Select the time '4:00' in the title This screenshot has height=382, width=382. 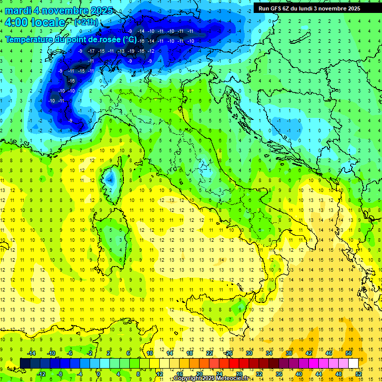click(16, 22)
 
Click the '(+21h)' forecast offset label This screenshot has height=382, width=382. click(87, 22)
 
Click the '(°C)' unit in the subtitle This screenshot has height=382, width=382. click(129, 39)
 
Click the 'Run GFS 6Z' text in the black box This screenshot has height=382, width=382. click(274, 8)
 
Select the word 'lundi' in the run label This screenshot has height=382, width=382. click(311, 8)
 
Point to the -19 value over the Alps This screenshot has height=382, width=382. click(131, 51)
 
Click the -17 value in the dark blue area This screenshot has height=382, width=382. click(91, 51)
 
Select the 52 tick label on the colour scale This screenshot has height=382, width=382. click(359, 374)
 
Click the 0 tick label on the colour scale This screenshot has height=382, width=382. click(98, 374)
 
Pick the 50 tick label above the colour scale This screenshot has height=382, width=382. click(348, 353)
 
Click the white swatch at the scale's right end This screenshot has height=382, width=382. click(353, 364)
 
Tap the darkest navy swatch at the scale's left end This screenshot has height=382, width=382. click(25, 364)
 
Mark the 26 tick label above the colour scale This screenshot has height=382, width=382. click(229, 353)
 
